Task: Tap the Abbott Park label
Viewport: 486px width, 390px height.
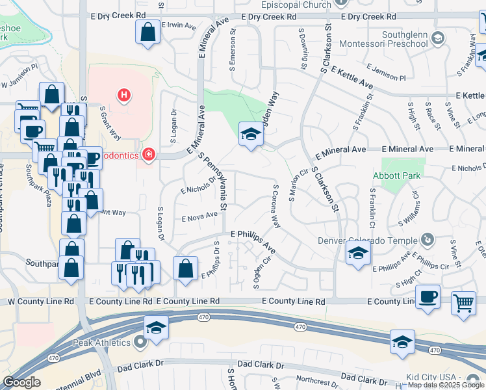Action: (x=397, y=175)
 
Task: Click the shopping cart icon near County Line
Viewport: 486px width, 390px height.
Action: (x=463, y=302)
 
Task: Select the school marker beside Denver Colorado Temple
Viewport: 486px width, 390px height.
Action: (x=357, y=254)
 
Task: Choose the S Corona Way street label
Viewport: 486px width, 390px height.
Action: (x=276, y=206)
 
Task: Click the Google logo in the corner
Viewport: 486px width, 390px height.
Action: (x=21, y=382)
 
